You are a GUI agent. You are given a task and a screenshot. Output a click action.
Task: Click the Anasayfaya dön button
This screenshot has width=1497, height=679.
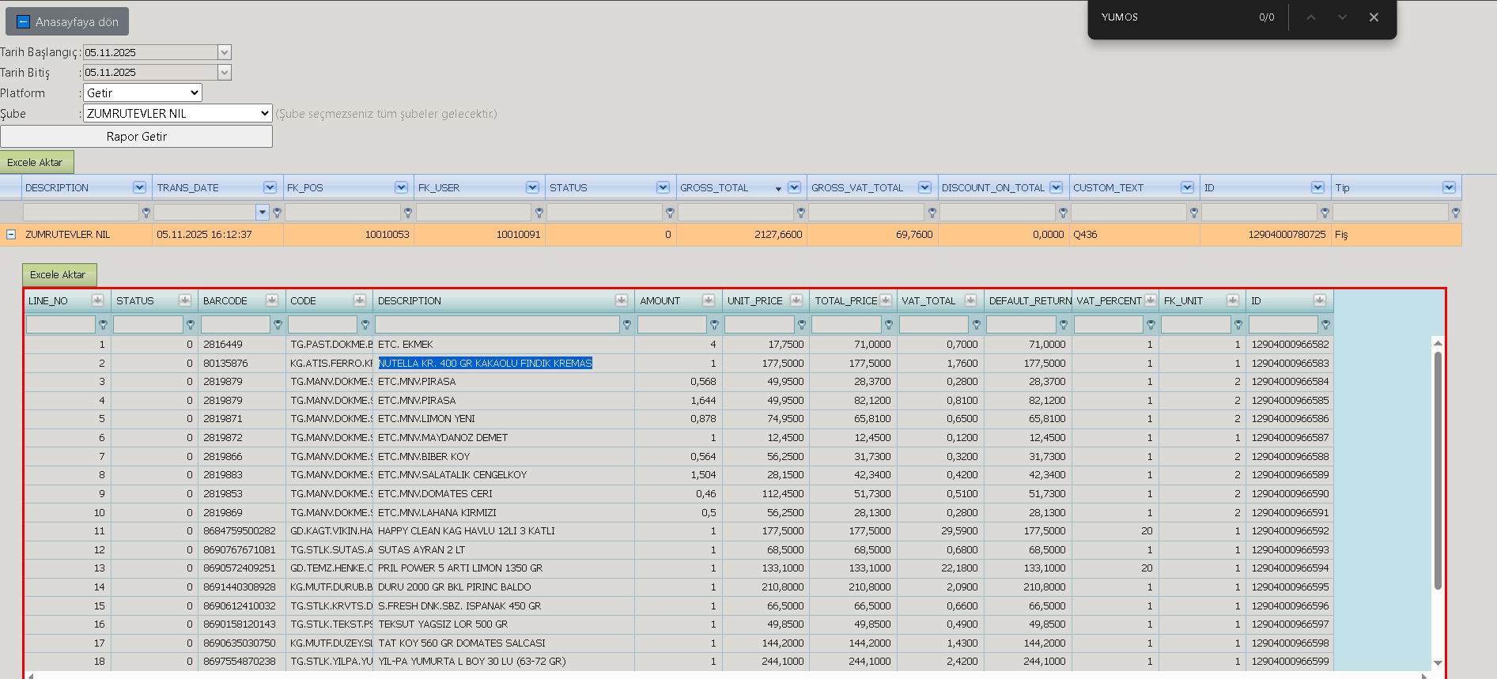click(x=66, y=21)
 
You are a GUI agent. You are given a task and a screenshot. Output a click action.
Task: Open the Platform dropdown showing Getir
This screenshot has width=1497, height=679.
click(x=142, y=93)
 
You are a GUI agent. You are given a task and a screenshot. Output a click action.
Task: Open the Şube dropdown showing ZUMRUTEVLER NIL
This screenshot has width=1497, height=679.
click(x=178, y=114)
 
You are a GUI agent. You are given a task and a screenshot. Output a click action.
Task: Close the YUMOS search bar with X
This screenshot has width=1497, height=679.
click(x=1374, y=17)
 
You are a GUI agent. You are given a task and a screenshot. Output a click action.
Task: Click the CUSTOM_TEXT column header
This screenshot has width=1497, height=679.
click(x=1108, y=188)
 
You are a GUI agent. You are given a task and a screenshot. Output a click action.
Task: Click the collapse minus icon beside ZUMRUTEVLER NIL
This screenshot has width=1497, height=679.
click(x=11, y=235)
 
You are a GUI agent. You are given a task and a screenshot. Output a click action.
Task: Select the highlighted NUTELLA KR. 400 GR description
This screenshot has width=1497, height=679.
click(x=485, y=364)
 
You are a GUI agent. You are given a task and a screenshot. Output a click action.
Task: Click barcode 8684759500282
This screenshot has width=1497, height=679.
click(x=240, y=531)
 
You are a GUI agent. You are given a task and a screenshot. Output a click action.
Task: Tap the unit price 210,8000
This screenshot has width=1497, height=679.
click(x=782, y=587)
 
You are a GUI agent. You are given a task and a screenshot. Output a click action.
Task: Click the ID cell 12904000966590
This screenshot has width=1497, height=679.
click(x=1290, y=494)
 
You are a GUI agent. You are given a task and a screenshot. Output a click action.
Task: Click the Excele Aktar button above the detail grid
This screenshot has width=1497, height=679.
click(x=59, y=275)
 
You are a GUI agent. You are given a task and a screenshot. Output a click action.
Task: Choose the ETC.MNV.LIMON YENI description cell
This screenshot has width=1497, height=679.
click(x=426, y=419)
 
